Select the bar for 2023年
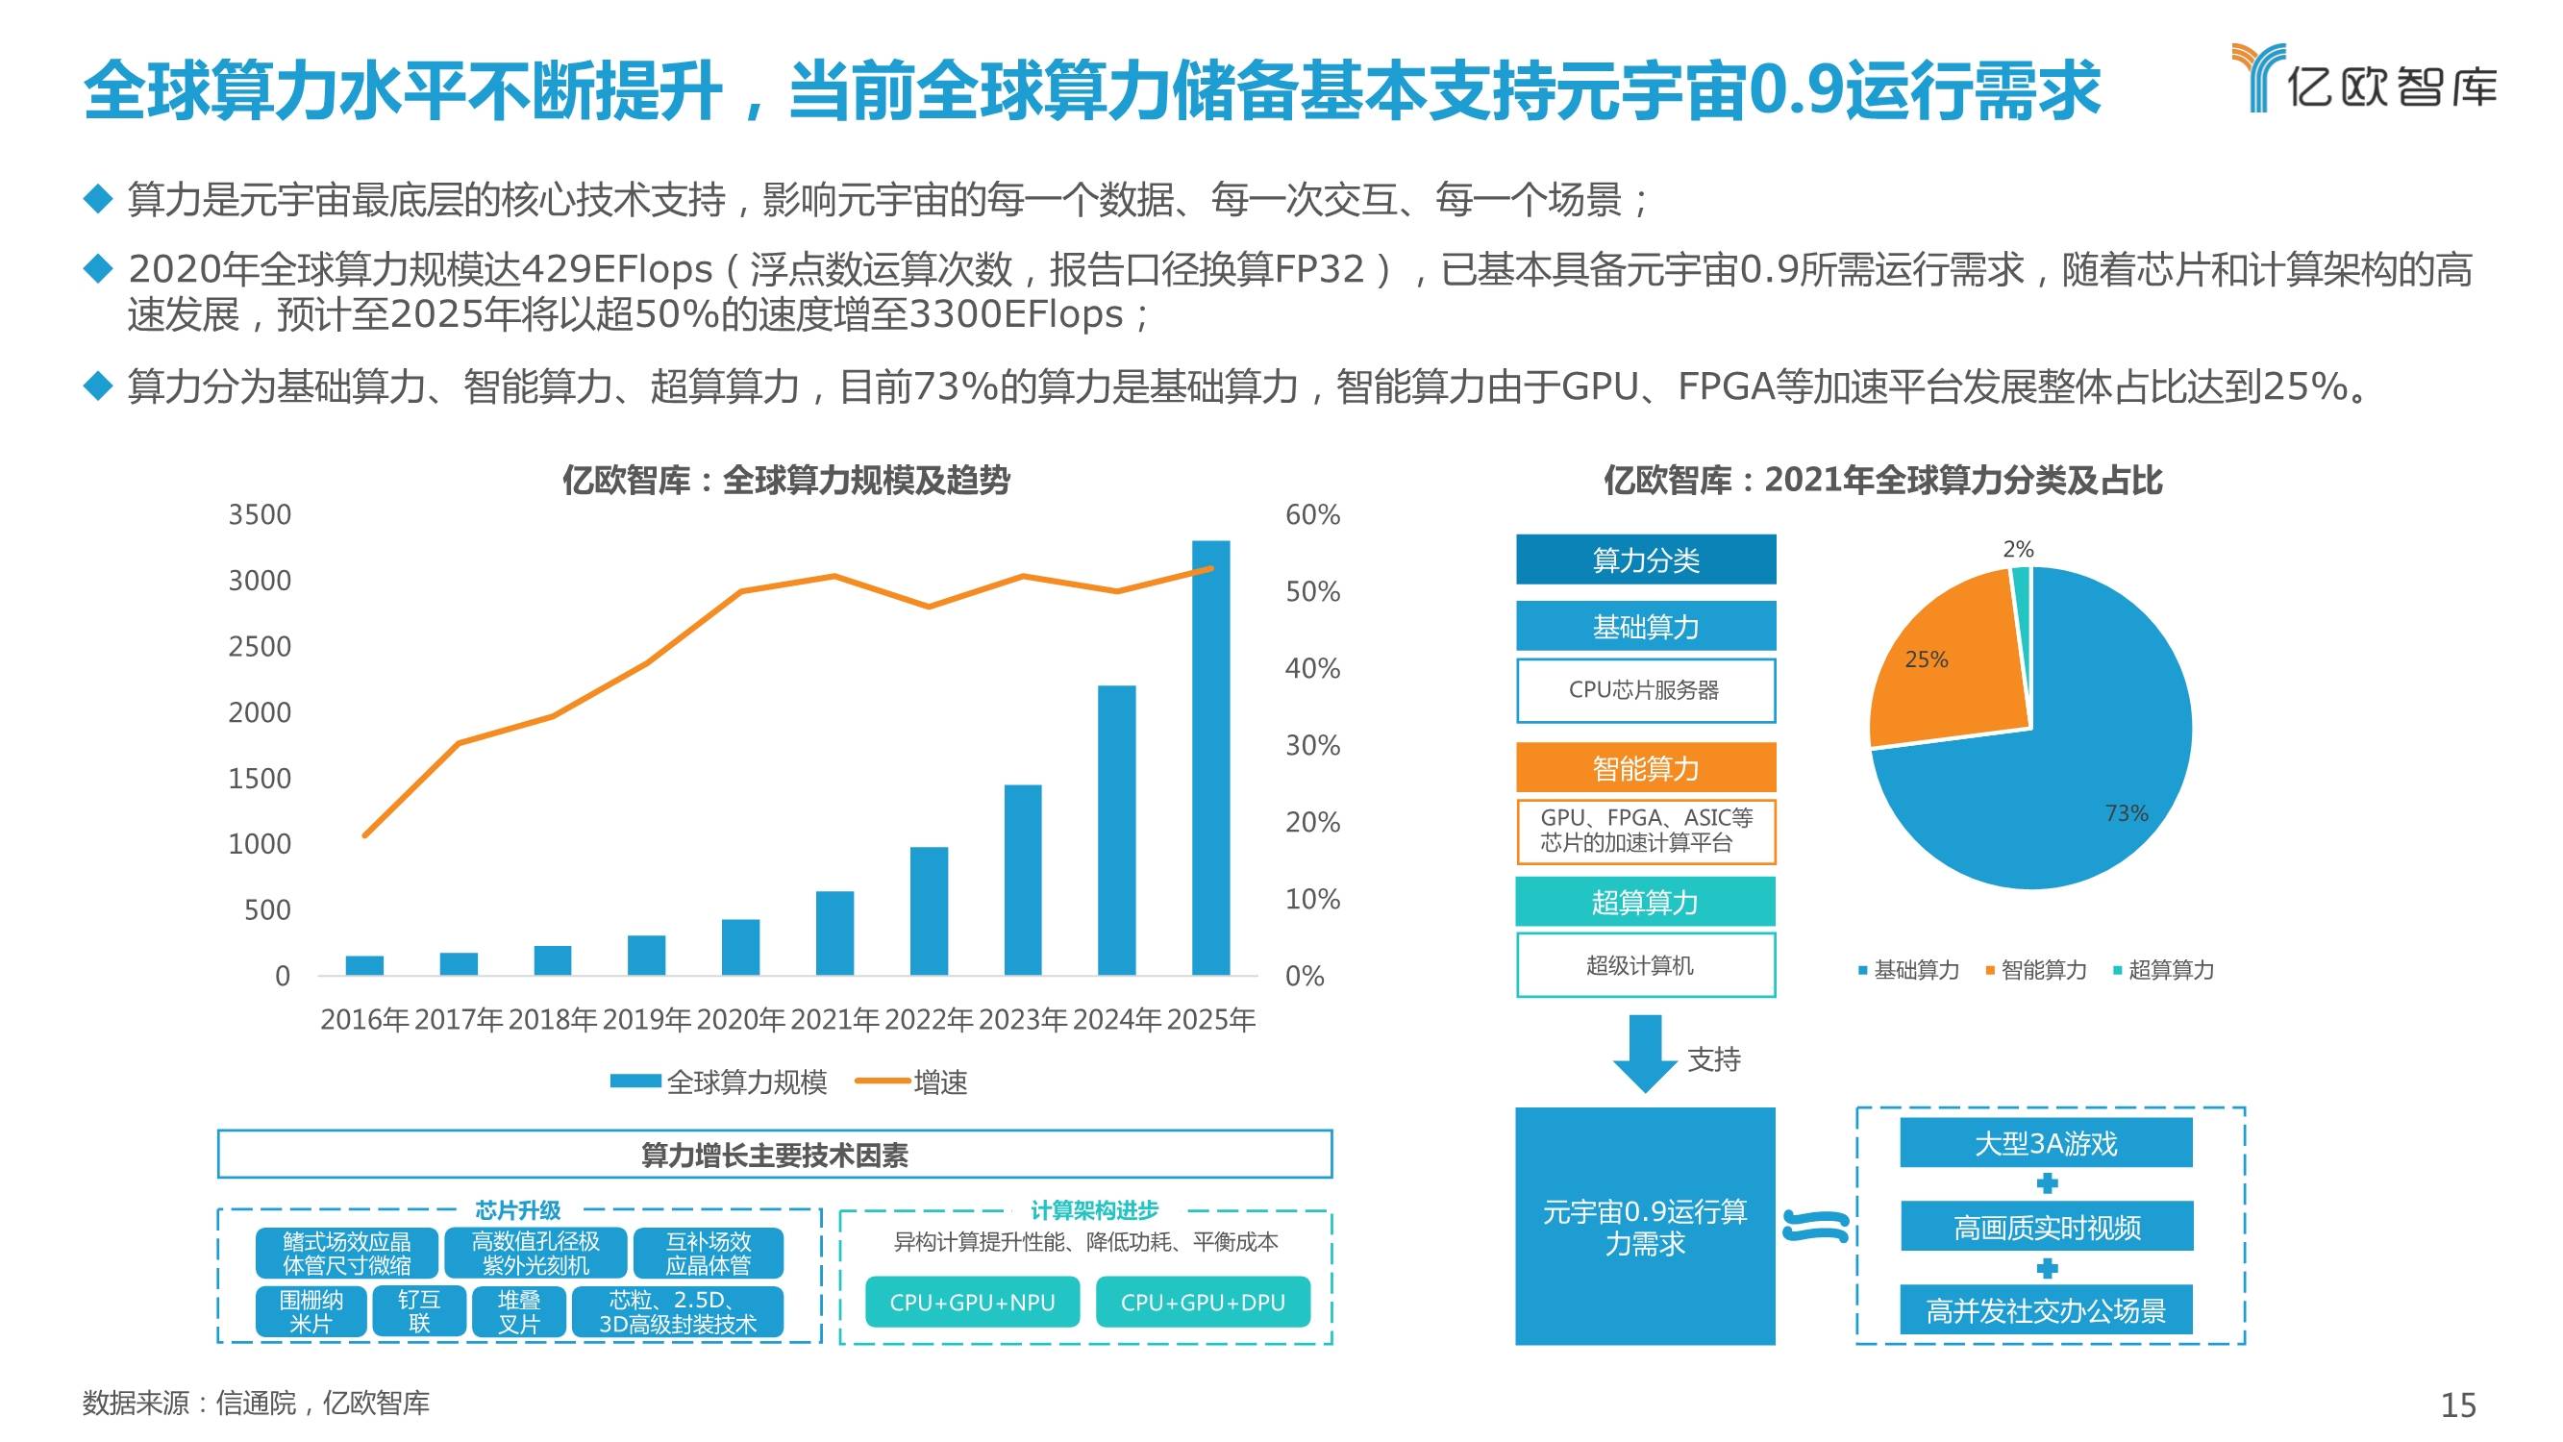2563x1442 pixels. [1023, 880]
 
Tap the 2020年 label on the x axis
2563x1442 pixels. [742, 1020]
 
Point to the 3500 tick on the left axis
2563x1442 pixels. [260, 515]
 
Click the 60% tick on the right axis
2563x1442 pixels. [1312, 515]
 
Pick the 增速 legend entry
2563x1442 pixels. [912, 1081]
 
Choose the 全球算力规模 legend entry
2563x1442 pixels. [719, 1081]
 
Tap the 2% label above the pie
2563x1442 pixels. [2018, 549]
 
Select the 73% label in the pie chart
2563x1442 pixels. [2127, 814]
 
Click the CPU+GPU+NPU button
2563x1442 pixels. [972, 1302]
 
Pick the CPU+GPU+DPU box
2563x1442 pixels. [1202, 1302]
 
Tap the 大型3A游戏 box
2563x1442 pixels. [2046, 1143]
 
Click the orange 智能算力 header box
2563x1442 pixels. [1646, 768]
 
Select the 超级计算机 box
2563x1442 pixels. [1646, 965]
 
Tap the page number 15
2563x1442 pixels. [2457, 1405]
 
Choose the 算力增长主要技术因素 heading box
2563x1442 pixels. [774, 1156]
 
